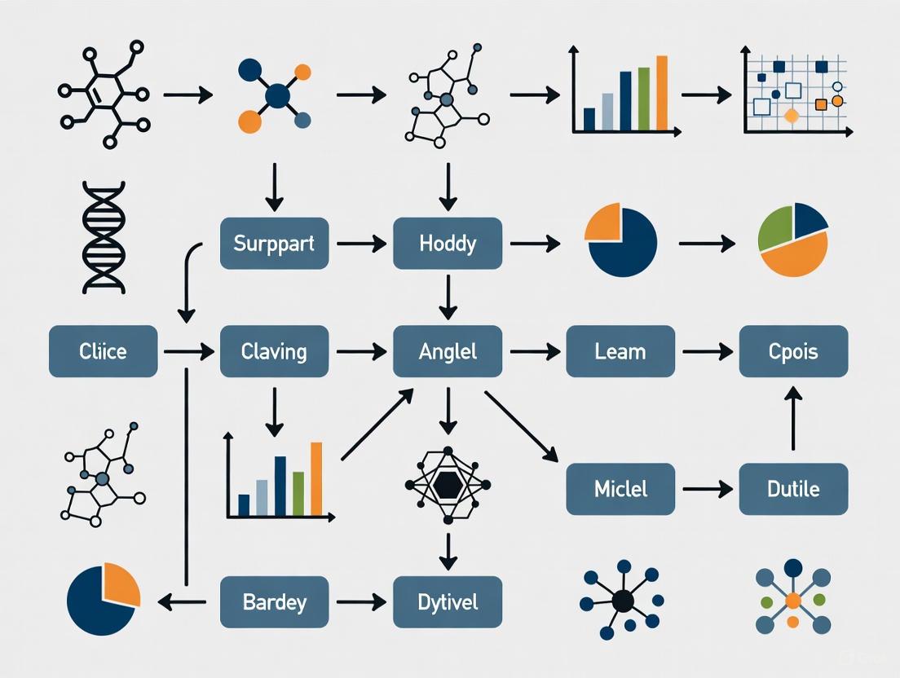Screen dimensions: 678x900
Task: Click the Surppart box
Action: pos(274,243)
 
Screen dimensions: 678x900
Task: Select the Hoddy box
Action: pos(448,243)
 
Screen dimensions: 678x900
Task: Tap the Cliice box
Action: pos(103,351)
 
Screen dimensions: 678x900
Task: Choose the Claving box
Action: pos(274,351)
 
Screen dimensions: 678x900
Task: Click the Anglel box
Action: pos(448,351)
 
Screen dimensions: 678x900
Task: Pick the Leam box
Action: pos(620,351)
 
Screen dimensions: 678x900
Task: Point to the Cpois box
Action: pos(793,351)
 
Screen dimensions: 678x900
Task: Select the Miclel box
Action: pos(620,489)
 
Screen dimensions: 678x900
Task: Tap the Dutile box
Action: pos(793,489)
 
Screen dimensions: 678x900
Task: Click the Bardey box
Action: pos(274,602)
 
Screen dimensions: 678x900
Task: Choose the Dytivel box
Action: pos(448,602)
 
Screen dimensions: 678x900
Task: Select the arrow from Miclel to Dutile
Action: pos(707,489)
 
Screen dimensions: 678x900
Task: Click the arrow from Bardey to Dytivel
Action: pos(360,602)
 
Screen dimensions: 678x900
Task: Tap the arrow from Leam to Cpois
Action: pos(707,351)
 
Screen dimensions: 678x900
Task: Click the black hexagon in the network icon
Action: pos(448,486)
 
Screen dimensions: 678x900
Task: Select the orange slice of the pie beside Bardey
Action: pos(122,585)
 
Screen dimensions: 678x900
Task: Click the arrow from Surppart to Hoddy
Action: pos(360,243)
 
